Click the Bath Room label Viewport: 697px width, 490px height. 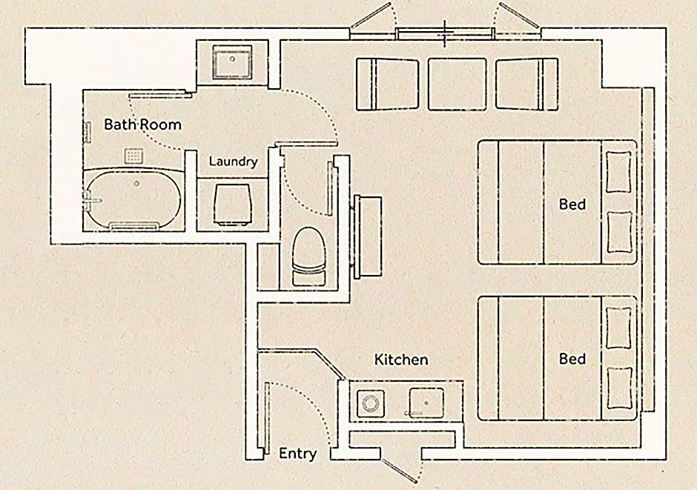[142, 124]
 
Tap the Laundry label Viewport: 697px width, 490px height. [233, 161]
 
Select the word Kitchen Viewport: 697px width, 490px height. [401, 360]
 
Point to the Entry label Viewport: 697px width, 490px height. [297, 454]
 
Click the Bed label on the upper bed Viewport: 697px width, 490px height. [572, 203]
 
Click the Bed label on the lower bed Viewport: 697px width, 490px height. [572, 359]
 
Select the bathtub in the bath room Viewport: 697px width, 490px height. [134, 199]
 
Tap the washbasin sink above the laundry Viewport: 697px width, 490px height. [233, 62]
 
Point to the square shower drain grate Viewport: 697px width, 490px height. [133, 156]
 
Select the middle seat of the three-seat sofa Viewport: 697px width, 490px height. [457, 84]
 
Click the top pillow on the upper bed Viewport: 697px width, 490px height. [619, 173]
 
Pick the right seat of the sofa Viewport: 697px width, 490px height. [526, 84]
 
